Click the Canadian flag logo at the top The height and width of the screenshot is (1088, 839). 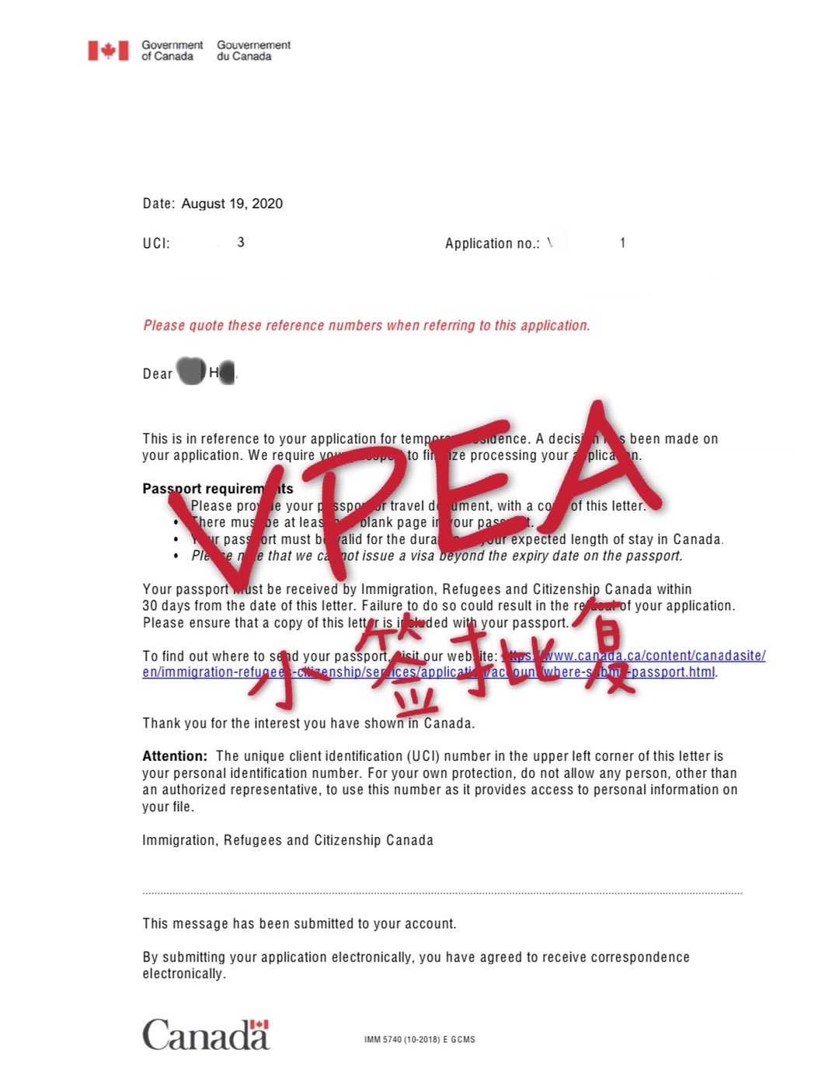108,51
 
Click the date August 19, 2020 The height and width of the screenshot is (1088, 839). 232,204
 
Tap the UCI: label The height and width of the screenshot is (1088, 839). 156,243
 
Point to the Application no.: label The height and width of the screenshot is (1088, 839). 492,243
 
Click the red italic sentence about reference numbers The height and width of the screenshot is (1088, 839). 366,326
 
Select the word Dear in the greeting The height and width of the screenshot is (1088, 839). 157,374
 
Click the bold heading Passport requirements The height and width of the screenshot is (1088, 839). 218,489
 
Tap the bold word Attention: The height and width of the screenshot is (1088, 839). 175,756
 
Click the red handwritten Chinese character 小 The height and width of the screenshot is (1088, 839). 287,672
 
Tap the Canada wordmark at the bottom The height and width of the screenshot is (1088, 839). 206,1035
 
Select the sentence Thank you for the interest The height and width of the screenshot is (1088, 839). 308,724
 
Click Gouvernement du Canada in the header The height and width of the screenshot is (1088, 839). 253,51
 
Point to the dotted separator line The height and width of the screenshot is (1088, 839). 442,894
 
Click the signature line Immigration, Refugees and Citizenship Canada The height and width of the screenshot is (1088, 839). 287,840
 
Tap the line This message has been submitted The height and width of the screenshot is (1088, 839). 299,924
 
